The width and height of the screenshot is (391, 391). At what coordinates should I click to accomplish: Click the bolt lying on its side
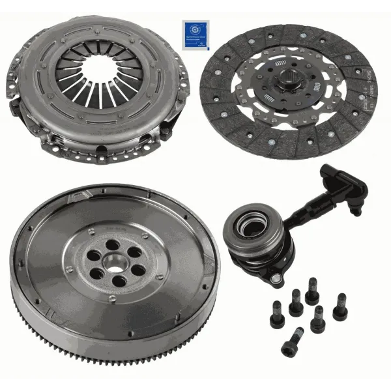tap(292, 341)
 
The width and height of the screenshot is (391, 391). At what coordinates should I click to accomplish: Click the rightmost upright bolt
tap(340, 306)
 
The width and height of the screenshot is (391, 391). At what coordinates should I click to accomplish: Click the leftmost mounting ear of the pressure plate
tap(15, 71)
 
